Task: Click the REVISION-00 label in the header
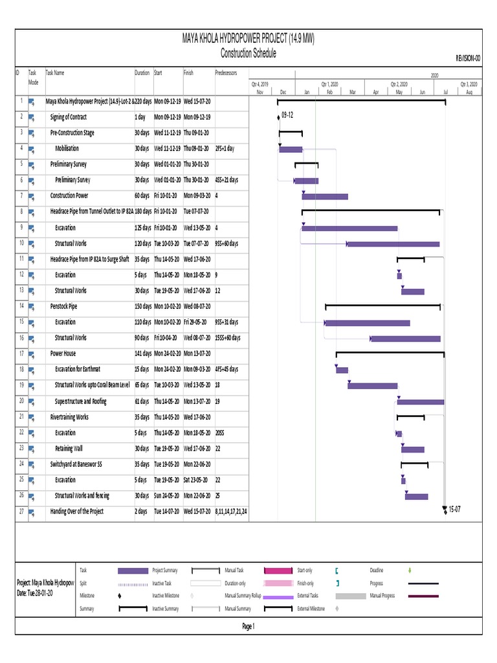pos(468,58)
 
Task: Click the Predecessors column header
pos(226,73)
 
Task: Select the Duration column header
pos(142,73)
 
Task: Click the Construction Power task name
pos(69,196)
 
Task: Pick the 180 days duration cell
pos(143,211)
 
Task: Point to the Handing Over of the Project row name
pos(77,511)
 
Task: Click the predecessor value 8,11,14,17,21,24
pos(231,511)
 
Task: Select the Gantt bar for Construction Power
pos(325,196)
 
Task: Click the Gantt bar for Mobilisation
pos(291,150)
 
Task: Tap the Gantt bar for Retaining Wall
pos(413,449)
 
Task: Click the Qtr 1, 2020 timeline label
pos(329,84)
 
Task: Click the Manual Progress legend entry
pos(382,596)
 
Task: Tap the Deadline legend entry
pos(377,570)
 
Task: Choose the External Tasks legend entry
pos(308,596)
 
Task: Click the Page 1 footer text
pos(248,626)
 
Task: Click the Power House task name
pos(63,354)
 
